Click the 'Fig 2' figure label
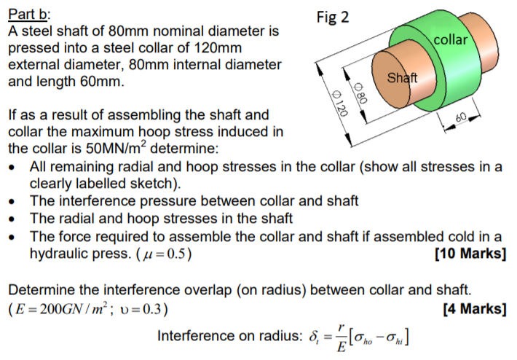click(x=333, y=16)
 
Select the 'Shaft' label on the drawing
click(x=402, y=78)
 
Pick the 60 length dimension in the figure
click(x=459, y=117)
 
